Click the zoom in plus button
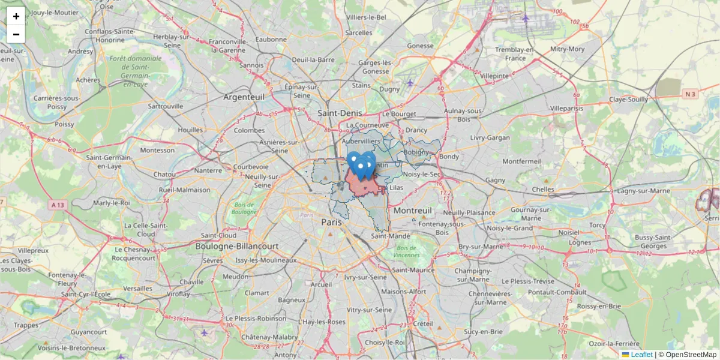[16, 16]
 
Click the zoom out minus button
[16, 34]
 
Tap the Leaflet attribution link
[641, 355]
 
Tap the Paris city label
[332, 222]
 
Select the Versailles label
[139, 288]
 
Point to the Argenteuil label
[244, 97]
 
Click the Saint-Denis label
[340, 113]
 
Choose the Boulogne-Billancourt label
[237, 246]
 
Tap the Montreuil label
[413, 211]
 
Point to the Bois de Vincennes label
[407, 251]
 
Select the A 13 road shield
[58, 205]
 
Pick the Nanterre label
[208, 170]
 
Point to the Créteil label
[422, 323]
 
